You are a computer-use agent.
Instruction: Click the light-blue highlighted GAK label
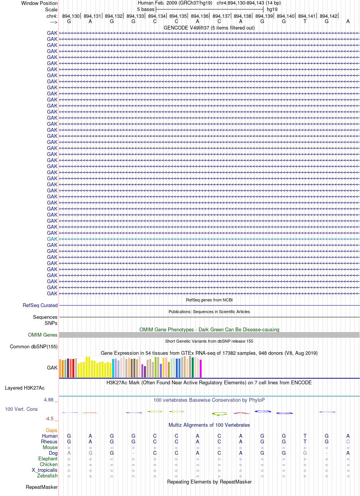(52, 239)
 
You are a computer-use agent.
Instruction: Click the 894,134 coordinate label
(157, 16)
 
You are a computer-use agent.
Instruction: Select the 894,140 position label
(286, 16)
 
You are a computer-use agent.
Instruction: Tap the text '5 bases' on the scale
(146, 9)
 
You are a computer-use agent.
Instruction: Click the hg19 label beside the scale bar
(272, 9)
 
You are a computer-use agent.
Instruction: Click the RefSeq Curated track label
(40, 305)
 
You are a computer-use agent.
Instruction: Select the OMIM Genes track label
(42, 335)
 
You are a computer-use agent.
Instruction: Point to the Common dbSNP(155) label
(34, 346)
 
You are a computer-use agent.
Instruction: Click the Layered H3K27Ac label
(25, 388)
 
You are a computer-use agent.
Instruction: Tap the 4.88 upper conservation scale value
(49, 400)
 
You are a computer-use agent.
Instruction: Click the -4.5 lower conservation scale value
(49, 418)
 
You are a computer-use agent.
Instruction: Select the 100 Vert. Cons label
(21, 409)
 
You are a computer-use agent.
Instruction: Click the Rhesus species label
(49, 441)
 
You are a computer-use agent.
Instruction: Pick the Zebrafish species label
(47, 476)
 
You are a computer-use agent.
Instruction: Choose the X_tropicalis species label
(45, 470)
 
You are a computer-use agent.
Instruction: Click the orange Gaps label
(52, 430)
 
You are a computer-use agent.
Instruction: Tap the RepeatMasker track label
(42, 487)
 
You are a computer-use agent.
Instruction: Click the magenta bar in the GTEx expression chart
(200, 368)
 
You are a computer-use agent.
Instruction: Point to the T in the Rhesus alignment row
(305, 441)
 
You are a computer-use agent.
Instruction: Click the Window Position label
(39, 3)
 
